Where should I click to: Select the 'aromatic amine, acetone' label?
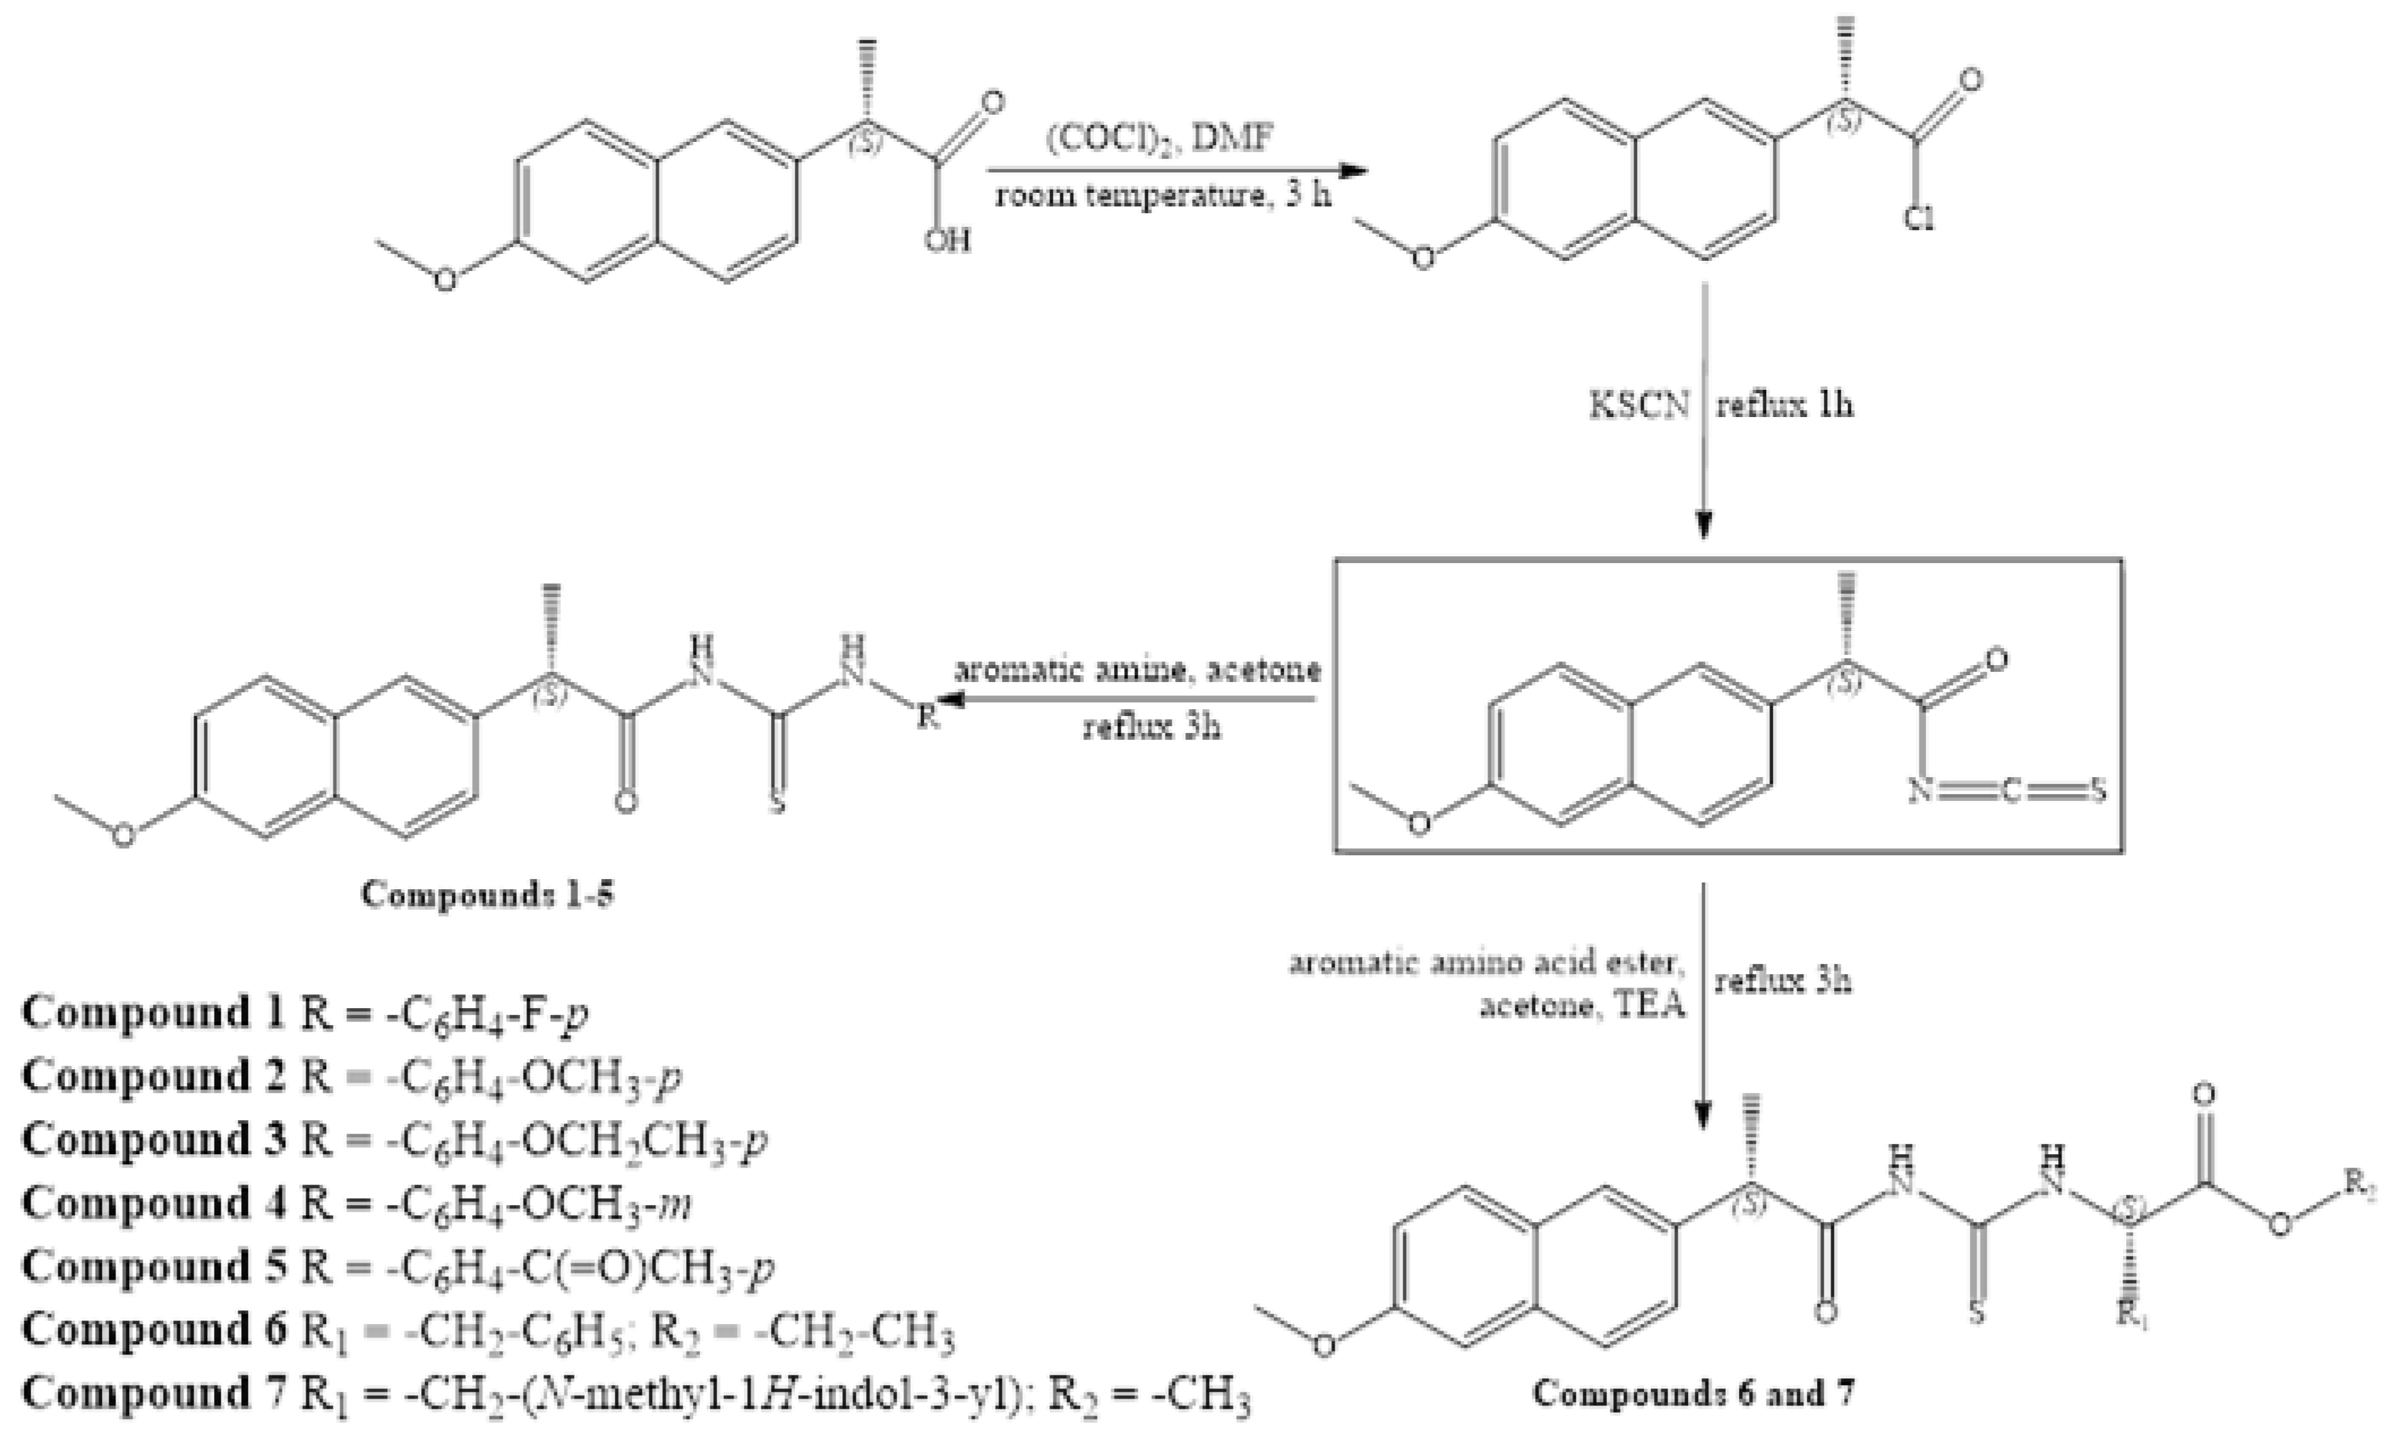click(x=1138, y=670)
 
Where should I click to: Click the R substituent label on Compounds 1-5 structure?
click(x=928, y=717)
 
